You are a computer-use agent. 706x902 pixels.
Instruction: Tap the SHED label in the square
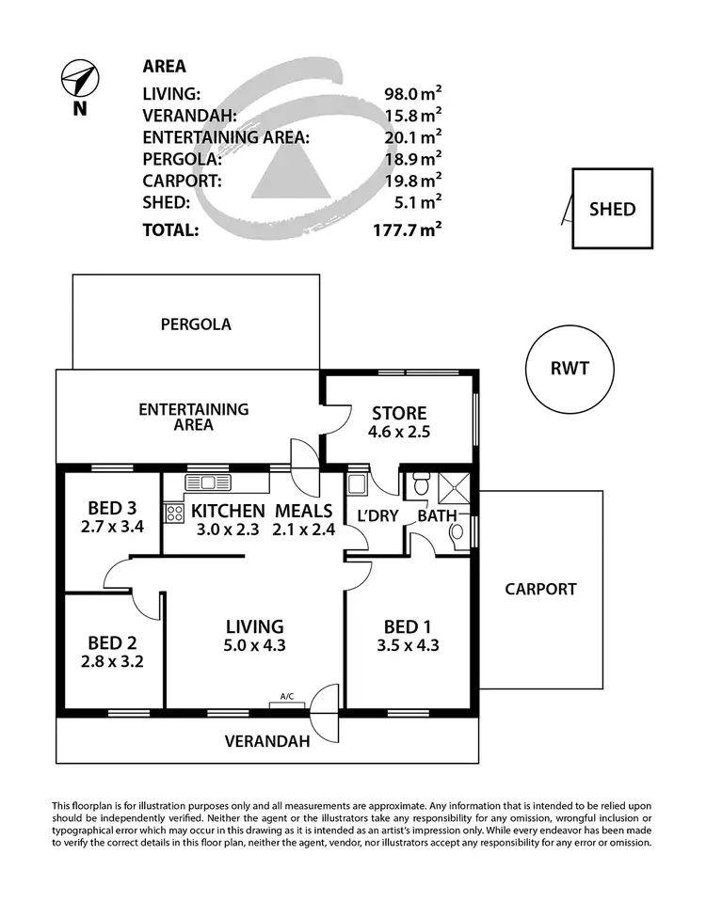click(612, 209)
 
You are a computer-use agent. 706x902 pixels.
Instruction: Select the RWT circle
click(570, 369)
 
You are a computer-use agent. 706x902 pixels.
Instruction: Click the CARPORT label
click(539, 590)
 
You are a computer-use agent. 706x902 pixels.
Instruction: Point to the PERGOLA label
click(195, 324)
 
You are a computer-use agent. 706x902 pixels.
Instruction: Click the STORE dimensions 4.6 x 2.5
click(398, 433)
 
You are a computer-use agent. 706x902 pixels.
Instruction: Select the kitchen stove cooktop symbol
click(174, 514)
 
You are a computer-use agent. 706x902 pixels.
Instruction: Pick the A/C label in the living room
click(287, 697)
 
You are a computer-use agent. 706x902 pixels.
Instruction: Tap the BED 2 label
click(111, 643)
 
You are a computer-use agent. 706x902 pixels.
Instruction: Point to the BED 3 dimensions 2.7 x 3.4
click(111, 527)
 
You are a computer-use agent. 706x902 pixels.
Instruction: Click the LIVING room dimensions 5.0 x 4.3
click(254, 645)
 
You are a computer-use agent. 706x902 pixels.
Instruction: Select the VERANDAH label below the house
click(267, 741)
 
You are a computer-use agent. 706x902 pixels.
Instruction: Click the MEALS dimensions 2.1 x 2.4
click(303, 530)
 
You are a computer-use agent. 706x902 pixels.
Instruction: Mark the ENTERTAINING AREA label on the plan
click(193, 417)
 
